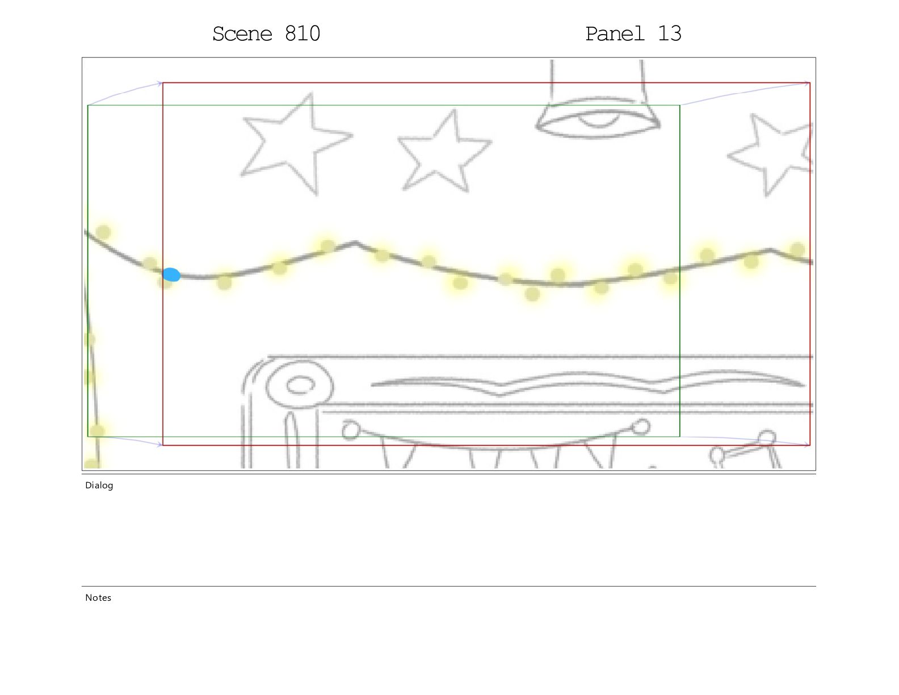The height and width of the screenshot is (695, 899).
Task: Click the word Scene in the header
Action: click(x=242, y=34)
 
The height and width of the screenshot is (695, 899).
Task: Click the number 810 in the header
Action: click(x=303, y=34)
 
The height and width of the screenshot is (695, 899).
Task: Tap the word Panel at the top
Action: click(x=615, y=34)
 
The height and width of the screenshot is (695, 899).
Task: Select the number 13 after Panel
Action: click(x=669, y=34)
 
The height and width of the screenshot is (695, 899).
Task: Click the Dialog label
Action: click(x=99, y=485)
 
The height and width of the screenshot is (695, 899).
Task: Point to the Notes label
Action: click(x=98, y=597)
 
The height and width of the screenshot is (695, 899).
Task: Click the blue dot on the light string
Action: click(x=171, y=274)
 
